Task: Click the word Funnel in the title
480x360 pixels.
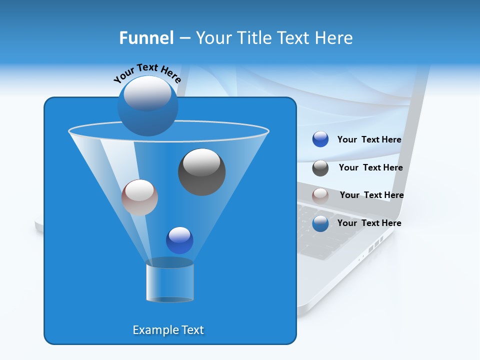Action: (x=146, y=38)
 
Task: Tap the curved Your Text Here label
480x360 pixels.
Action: (x=147, y=73)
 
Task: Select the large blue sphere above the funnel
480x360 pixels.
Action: (x=147, y=106)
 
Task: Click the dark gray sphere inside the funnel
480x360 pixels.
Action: (x=201, y=172)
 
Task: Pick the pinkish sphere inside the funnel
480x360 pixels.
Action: (x=139, y=197)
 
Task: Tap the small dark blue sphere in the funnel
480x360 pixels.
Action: (x=179, y=240)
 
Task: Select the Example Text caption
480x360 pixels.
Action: (x=168, y=330)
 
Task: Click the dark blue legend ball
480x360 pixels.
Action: (x=320, y=139)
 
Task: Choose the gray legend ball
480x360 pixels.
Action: (x=320, y=168)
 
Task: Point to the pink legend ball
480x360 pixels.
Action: (x=320, y=195)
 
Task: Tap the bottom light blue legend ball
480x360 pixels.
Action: (x=320, y=223)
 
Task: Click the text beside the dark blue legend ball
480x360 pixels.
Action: (x=369, y=140)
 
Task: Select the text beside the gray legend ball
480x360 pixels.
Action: (x=370, y=168)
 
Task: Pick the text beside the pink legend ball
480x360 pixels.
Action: (x=371, y=195)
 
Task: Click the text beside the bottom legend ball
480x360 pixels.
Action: (x=369, y=223)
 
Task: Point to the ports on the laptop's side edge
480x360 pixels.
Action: (x=374, y=246)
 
